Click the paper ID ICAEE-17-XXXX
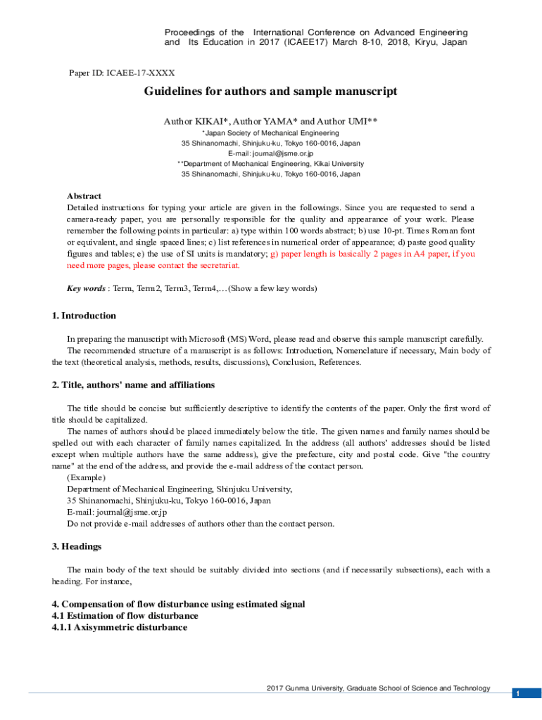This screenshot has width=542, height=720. pos(121,72)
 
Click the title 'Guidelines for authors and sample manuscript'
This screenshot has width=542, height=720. pos(270,91)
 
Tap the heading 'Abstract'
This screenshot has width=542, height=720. pos(84,196)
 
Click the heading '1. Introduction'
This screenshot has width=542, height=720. pos(84,316)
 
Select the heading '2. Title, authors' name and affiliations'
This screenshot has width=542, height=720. pos(133,385)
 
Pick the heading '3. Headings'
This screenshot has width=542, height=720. pos(77,546)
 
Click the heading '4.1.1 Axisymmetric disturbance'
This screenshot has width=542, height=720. pos(120,627)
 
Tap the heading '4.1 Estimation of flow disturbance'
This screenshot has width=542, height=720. pos(125,616)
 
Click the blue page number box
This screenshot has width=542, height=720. pos(517,693)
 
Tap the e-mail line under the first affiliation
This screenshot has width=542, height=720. pos(270,153)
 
